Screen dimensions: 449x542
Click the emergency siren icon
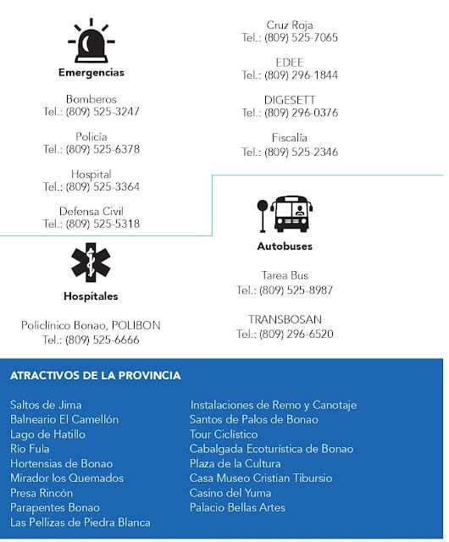91,41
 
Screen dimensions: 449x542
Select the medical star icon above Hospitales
91,263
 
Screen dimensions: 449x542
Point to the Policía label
91,136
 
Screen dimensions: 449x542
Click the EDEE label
290,63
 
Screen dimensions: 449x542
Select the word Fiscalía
290,137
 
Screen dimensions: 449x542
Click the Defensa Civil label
91,211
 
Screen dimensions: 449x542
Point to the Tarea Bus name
285,275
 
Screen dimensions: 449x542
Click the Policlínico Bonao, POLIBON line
91,325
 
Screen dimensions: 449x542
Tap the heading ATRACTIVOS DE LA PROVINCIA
96,375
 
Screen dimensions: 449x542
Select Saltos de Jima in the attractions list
46,405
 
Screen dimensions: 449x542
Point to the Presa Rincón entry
42,493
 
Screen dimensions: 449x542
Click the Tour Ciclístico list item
224,434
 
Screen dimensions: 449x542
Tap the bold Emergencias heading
91,73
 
